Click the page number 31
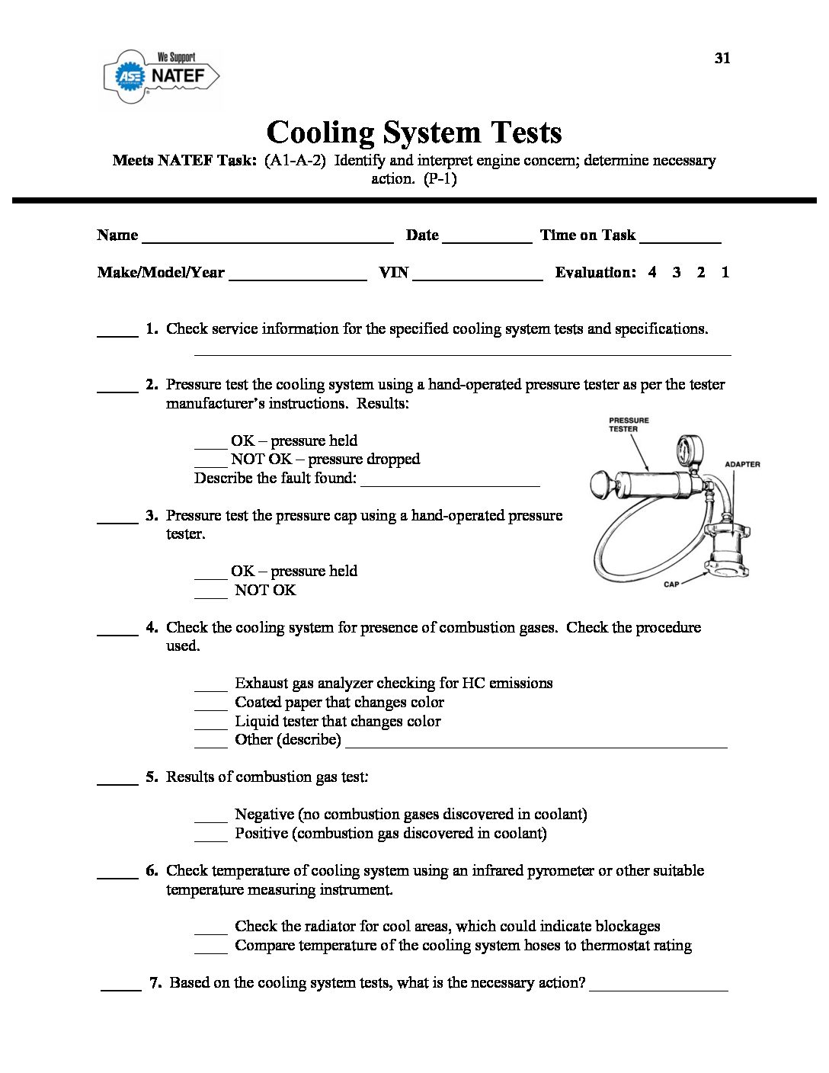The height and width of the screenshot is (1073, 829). click(722, 58)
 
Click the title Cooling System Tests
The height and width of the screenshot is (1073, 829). click(414, 132)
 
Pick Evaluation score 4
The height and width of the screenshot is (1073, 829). click(652, 272)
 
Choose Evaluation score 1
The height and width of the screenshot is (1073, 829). click(725, 272)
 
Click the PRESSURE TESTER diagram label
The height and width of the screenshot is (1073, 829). click(629, 424)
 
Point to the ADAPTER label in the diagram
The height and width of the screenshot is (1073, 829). click(741, 464)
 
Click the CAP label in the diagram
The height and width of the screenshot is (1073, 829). click(671, 585)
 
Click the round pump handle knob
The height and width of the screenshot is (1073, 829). click(600, 482)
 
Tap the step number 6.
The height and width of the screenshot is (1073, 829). click(152, 870)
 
